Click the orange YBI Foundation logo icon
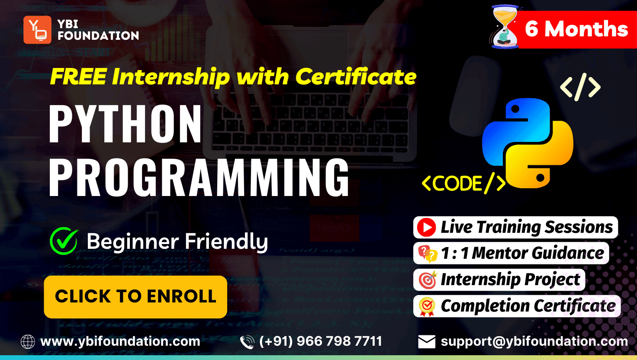coord(37,30)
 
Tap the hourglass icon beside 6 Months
coord(505,27)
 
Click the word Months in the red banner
coord(586,29)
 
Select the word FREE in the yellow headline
coord(78,77)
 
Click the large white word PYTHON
coord(125,124)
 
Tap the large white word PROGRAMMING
coord(199,177)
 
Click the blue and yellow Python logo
coord(528,143)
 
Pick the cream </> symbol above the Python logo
coord(580,87)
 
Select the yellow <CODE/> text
coord(464,183)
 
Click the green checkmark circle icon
coord(64,241)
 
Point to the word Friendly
coord(226,242)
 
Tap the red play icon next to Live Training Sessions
coord(426,227)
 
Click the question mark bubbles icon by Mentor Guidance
coord(428,254)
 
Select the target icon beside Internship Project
coord(428,280)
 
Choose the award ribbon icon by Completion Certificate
coord(427,307)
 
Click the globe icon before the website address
coord(28,341)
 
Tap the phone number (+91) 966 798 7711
coord(321,341)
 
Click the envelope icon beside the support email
coord(427,341)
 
